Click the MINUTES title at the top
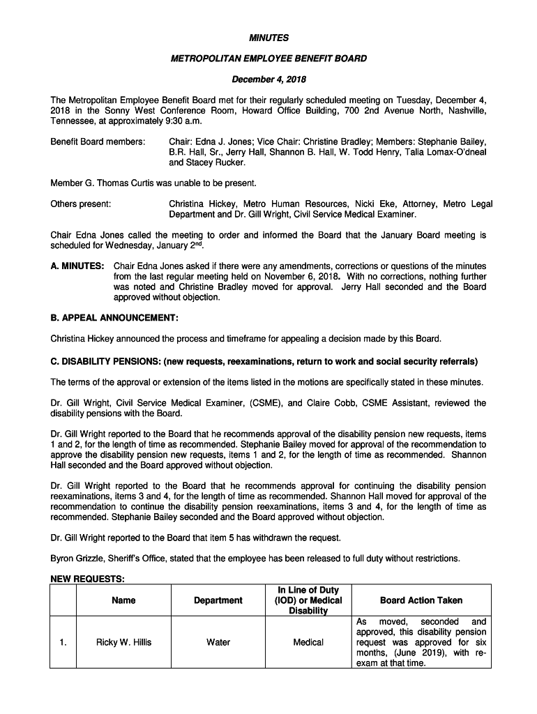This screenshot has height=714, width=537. point(268,38)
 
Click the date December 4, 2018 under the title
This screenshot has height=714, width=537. point(268,79)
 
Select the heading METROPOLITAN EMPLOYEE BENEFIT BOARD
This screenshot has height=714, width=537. point(268,59)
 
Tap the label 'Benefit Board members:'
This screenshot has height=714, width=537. point(98,142)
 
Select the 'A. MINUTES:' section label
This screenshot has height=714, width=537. point(77,267)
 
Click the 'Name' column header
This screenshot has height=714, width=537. point(123,600)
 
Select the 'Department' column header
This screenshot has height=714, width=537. point(218,600)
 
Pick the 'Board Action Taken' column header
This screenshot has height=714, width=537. point(421,600)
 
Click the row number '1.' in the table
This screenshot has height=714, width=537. point(63,642)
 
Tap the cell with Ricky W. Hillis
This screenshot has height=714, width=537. point(123,642)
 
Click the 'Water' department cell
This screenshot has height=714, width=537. point(218,642)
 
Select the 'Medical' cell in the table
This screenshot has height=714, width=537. point(308,642)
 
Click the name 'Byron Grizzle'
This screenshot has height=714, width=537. point(81,559)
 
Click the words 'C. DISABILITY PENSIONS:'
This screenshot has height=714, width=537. point(105,361)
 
